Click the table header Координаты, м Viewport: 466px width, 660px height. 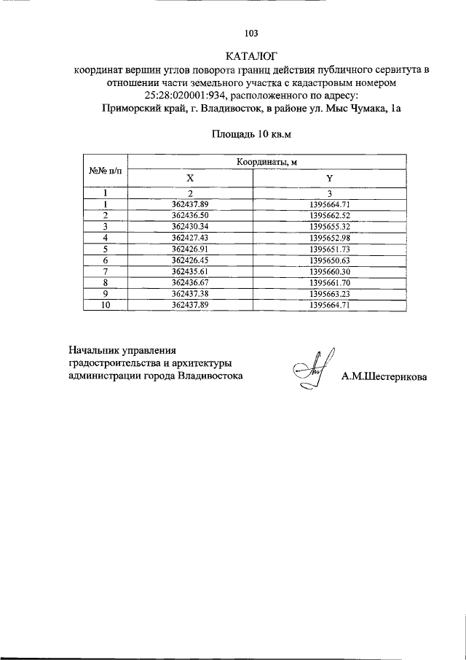pyautogui.click(x=266, y=162)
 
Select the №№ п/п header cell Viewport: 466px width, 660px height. pyautogui.click(x=105, y=171)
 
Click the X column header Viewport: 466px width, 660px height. pyautogui.click(x=190, y=179)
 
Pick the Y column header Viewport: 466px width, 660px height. pyautogui.click(x=329, y=179)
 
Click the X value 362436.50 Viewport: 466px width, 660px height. pyautogui.click(x=190, y=216)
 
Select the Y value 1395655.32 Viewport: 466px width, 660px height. pyautogui.click(x=329, y=227)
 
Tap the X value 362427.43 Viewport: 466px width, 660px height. pyautogui.click(x=190, y=238)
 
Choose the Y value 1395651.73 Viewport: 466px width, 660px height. pyautogui.click(x=329, y=249)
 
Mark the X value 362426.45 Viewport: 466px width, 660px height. pyautogui.click(x=190, y=260)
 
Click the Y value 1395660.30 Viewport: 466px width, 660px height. pyautogui.click(x=329, y=271)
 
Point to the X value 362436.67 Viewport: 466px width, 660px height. pyautogui.click(x=190, y=282)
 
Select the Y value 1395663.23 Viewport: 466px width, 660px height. pyautogui.click(x=329, y=294)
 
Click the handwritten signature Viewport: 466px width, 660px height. pyautogui.click(x=311, y=370)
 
